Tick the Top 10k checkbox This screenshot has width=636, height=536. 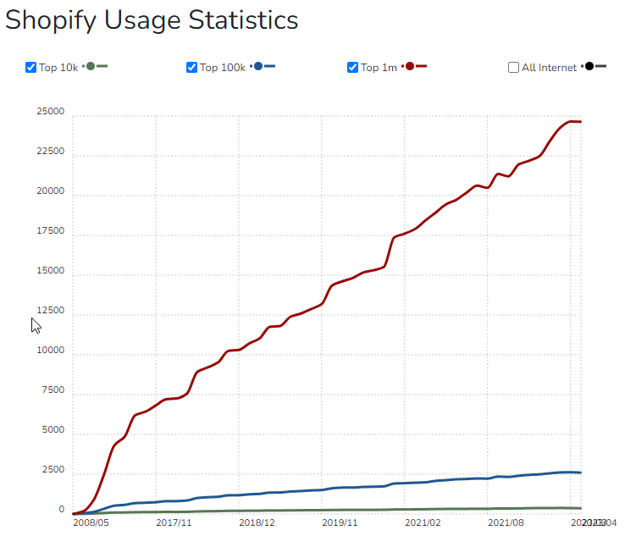31,68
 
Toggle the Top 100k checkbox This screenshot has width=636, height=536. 192,68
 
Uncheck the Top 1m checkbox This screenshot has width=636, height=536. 353,68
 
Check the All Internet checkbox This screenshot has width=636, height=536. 514,68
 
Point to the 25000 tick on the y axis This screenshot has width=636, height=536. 50,112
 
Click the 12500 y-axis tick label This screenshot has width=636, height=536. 50,312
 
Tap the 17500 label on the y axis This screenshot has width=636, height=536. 50,231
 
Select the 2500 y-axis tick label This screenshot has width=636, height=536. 53,471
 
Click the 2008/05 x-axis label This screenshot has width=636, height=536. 91,523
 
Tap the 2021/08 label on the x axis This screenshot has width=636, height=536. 506,523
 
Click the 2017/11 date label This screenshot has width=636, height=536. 174,523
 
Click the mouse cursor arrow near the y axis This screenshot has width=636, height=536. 36,325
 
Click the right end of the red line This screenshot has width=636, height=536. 580,122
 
